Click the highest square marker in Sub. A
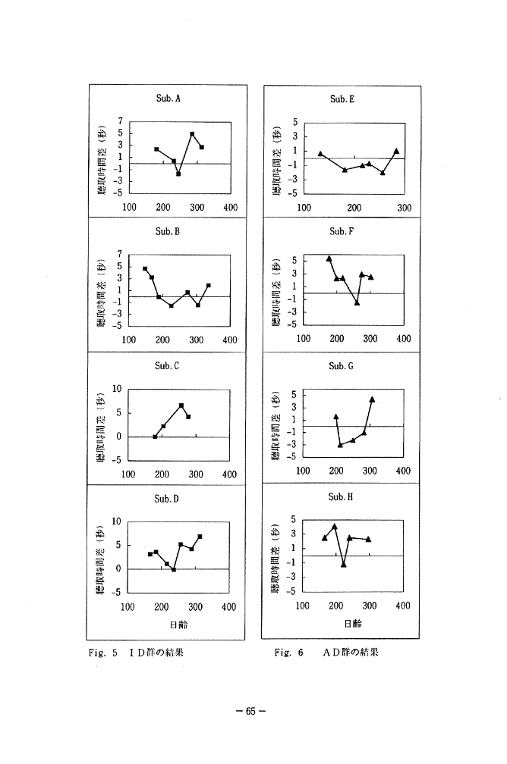point(192,134)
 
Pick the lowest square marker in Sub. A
point(178,174)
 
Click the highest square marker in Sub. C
point(181,405)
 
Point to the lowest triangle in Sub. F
point(357,302)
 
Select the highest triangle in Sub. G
point(372,399)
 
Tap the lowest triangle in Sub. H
point(344,565)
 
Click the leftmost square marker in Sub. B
point(145,268)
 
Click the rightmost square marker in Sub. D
point(200,537)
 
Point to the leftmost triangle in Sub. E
point(320,154)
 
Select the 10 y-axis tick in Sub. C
point(117,389)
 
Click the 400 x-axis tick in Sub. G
point(403,471)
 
